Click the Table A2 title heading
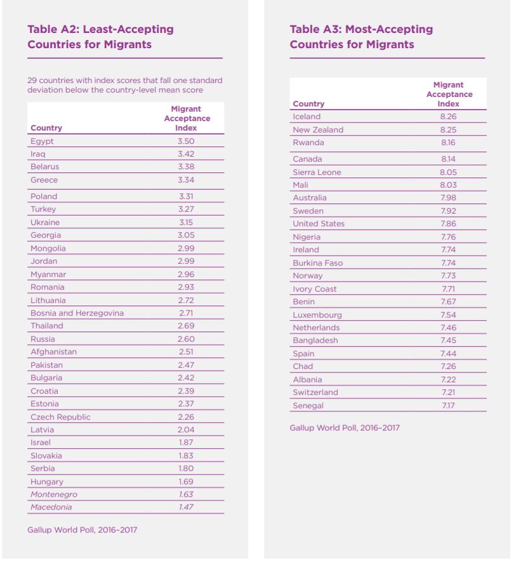[x=100, y=37]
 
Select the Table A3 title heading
[x=361, y=37]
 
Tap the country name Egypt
[x=42, y=141]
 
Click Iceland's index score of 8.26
[x=448, y=117]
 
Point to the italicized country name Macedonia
[x=51, y=507]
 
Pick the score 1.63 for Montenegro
[x=186, y=494]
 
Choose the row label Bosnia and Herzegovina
[x=77, y=313]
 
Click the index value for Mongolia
[x=186, y=248]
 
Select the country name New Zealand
[x=318, y=130]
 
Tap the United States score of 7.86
[x=448, y=224]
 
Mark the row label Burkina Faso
[x=317, y=262]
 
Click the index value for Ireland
[x=448, y=250]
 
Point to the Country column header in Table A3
[x=308, y=104]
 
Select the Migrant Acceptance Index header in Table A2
[x=187, y=119]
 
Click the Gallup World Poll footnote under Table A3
[x=345, y=428]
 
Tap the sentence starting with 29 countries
[x=125, y=85]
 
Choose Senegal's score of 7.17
[x=448, y=406]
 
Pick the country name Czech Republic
[x=60, y=417]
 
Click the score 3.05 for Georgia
[x=186, y=235]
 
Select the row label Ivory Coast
[x=315, y=289]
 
